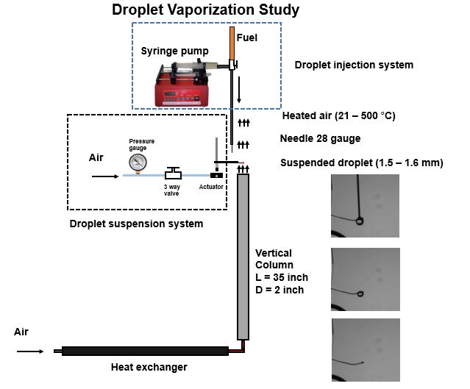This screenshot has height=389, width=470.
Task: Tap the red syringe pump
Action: (183, 84)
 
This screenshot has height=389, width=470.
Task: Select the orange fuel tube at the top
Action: (231, 46)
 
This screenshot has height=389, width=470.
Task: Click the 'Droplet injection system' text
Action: (354, 65)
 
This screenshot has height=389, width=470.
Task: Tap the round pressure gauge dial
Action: (137, 162)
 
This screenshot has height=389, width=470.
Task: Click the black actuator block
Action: (216, 176)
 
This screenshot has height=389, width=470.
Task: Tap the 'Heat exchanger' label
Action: (149, 367)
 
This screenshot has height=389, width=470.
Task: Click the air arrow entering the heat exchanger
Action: (30, 352)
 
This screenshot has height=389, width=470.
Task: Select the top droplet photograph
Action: (366, 205)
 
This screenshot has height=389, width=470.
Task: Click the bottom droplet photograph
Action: (366, 349)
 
